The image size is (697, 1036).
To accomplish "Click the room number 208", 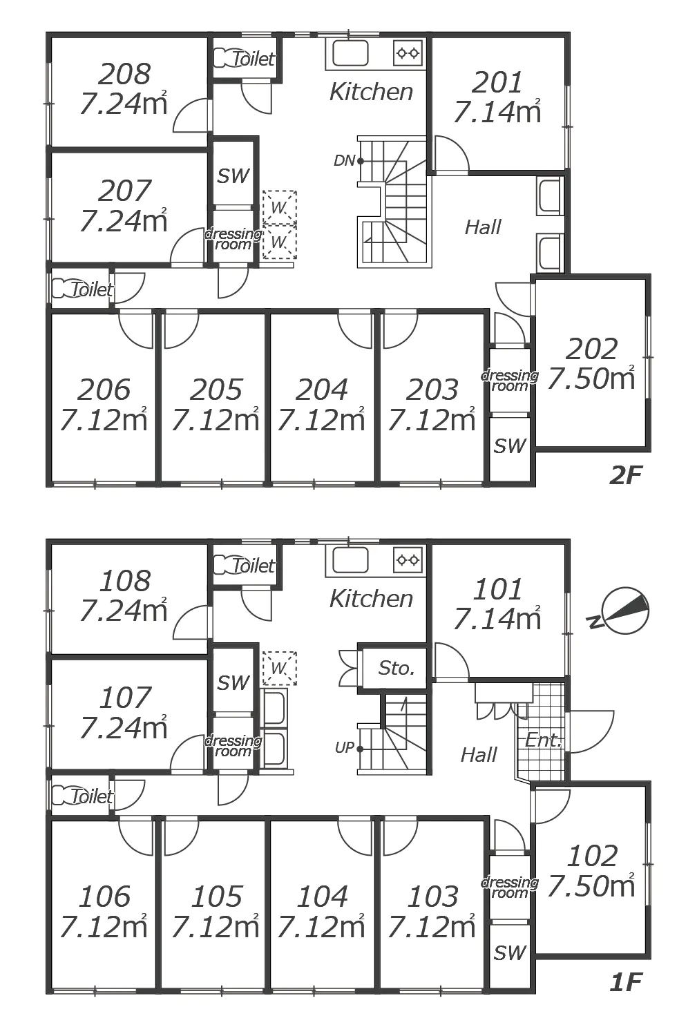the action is tap(124, 74).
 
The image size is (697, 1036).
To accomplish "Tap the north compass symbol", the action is tap(620, 612).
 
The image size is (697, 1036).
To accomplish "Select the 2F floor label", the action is tap(627, 475).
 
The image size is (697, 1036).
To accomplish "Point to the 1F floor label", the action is tap(627, 982).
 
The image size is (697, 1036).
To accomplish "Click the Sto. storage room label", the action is tap(397, 669).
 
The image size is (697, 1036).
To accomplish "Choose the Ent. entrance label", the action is tap(544, 740).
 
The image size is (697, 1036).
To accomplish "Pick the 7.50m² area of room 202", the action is tap(591, 378).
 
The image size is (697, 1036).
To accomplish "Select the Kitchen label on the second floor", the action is tap(371, 92).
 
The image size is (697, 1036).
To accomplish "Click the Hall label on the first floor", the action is tap(479, 756).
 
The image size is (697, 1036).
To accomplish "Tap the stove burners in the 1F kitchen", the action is tap(408, 560).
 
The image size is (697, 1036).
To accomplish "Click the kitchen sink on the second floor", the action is tap(351, 53).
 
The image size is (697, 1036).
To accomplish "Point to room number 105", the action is tap(216, 896).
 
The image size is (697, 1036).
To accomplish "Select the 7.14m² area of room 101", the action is tap(497, 619).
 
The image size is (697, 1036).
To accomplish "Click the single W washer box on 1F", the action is tap(279, 669).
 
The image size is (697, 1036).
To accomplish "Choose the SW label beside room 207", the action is tap(233, 176).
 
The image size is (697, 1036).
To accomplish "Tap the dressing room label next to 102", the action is tap(510, 887).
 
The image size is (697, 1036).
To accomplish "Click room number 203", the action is tap(432, 390).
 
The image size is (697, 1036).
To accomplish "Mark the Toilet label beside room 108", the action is tap(253, 566).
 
